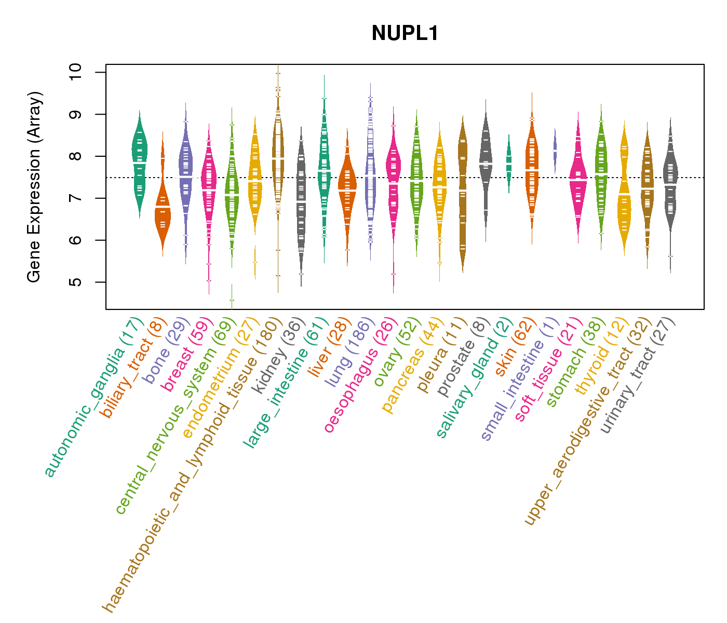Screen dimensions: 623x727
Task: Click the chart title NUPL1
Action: (x=405, y=34)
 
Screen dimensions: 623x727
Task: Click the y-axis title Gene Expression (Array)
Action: (x=34, y=187)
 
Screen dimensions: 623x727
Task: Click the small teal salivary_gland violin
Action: (x=509, y=164)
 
